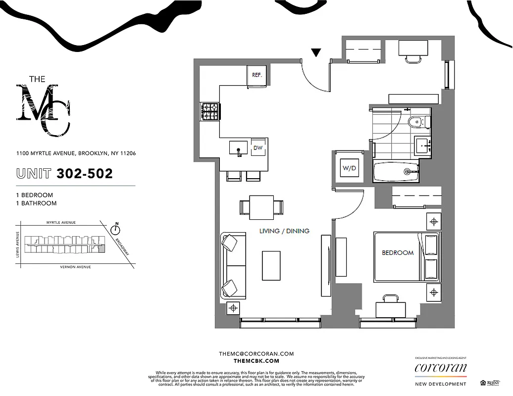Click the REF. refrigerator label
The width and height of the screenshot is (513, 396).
pos(256,75)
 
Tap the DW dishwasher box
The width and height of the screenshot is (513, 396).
pos(257,148)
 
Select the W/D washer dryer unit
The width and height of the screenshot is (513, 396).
pos(349,168)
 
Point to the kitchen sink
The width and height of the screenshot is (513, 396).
pos(238,148)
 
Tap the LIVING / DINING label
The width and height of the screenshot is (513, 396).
pos(284,231)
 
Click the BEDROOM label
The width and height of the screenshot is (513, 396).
pos(397,252)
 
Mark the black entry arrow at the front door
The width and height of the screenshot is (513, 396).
pos(315,51)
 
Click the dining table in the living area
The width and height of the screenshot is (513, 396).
pos(261,207)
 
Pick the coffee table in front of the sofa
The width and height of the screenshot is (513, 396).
pos(271,265)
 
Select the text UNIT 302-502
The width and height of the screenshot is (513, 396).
pos(64,174)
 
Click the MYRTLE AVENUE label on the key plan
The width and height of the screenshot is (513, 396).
pos(61,223)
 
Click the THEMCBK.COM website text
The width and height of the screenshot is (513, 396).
pos(256,361)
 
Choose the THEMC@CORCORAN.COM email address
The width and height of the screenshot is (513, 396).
pos(256,354)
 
